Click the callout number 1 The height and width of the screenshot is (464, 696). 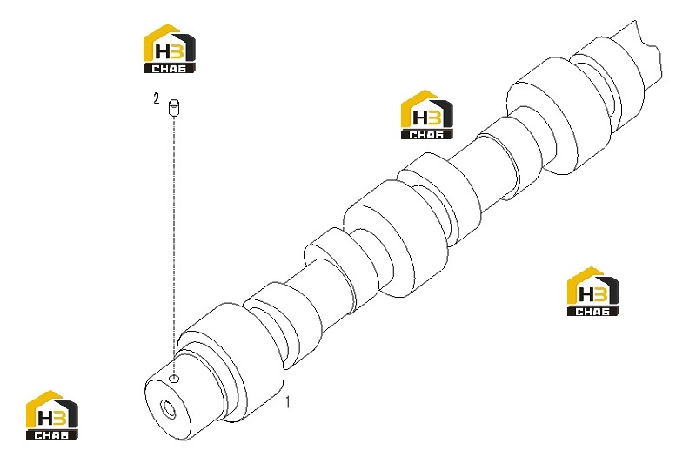click(288, 402)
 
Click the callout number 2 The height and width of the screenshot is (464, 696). click(157, 99)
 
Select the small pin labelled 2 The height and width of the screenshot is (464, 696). click(173, 108)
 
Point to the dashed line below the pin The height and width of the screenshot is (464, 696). click(174, 245)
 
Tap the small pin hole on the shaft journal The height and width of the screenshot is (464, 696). click(175, 379)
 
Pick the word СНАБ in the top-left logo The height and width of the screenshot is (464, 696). click(169, 69)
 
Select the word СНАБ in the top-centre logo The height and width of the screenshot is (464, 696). click(426, 135)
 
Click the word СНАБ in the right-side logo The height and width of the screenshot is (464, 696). click(593, 312)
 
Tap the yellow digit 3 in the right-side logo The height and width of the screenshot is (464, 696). click(600, 295)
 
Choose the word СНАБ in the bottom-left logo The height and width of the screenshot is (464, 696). click(52, 435)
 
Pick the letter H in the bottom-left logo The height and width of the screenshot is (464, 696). click(45, 419)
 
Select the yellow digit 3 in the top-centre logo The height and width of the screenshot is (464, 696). click(433, 118)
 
